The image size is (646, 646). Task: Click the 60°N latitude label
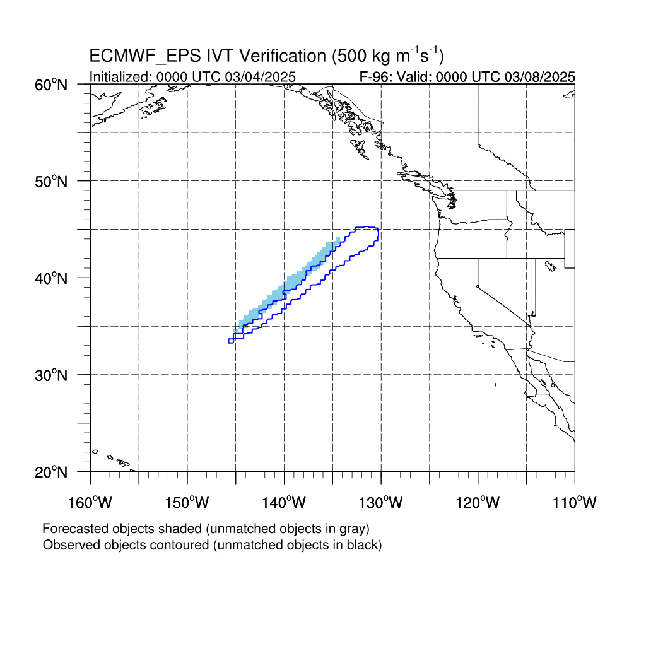click(51, 85)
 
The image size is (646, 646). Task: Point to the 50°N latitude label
click(51, 181)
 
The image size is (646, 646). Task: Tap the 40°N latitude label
click(51, 278)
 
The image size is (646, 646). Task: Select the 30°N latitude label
click(51, 375)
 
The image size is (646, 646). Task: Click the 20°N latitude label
click(51, 472)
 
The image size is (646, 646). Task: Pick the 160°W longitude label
click(90, 502)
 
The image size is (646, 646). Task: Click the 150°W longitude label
click(187, 502)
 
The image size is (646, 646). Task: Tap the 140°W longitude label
click(284, 502)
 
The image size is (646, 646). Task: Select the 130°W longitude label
click(380, 502)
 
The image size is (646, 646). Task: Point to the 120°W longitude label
click(478, 502)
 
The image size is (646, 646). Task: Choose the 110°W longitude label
click(575, 502)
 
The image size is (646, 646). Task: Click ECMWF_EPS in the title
click(145, 56)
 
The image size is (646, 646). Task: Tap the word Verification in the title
click(283, 56)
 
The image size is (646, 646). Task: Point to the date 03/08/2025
click(540, 77)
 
